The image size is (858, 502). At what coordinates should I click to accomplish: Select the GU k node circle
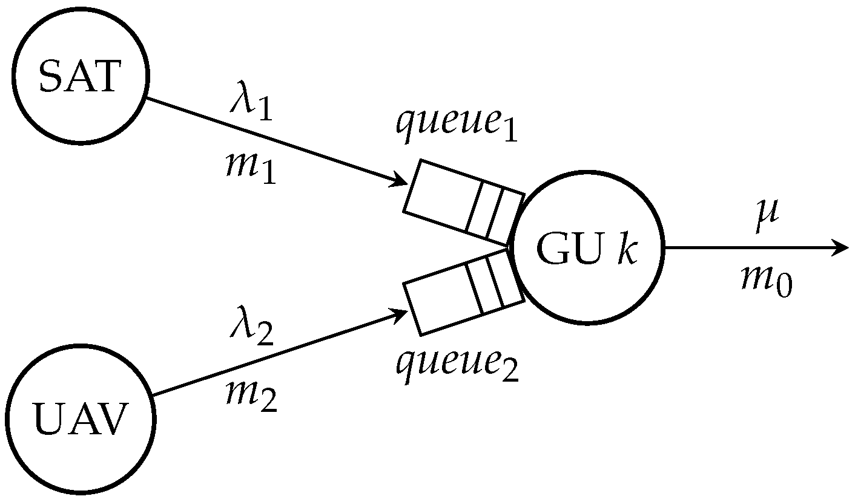pos(586,249)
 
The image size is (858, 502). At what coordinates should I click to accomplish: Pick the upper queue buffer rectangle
pos(464,200)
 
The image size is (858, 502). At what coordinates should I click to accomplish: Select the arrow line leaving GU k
pos(751,248)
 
